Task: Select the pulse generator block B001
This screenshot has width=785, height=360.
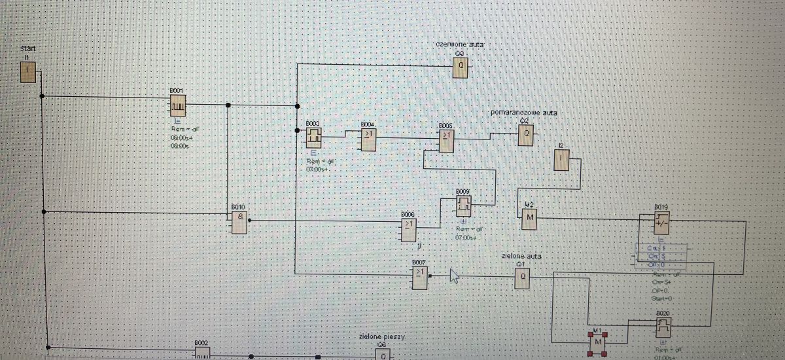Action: (179, 104)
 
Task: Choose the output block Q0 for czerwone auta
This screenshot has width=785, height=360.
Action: (461, 67)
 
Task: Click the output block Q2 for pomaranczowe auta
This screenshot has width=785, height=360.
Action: (526, 135)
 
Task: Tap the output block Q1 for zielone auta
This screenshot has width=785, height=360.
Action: (522, 278)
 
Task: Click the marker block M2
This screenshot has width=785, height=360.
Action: (529, 218)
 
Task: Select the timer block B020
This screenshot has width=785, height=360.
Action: (663, 326)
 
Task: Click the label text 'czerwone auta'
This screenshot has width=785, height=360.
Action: (461, 45)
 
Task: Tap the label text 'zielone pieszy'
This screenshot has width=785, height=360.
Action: (382, 336)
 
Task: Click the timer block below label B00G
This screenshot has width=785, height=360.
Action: (314, 137)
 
